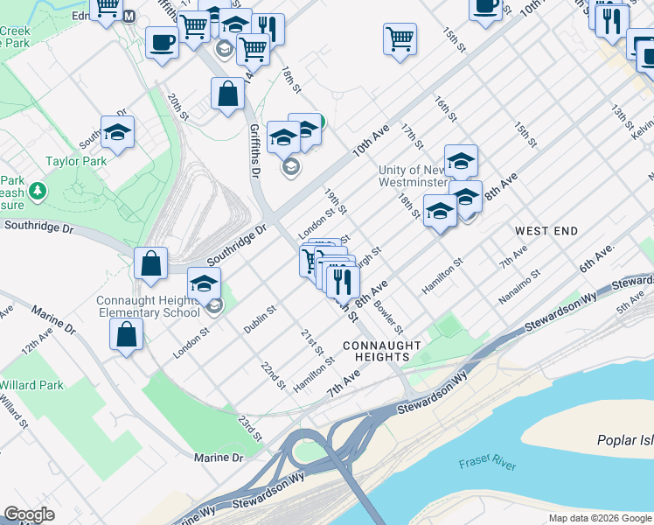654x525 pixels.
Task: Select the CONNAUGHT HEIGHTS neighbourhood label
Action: (x=377, y=351)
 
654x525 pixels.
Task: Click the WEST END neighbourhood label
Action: (x=546, y=231)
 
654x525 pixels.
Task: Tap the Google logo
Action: (x=30, y=514)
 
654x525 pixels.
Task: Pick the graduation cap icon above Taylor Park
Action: (x=117, y=133)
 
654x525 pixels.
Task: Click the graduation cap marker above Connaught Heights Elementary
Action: (x=205, y=284)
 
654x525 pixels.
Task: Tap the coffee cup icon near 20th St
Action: (x=162, y=42)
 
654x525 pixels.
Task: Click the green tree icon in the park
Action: (x=38, y=190)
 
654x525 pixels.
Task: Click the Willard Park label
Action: (x=31, y=385)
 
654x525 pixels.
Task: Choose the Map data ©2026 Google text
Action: (x=601, y=518)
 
